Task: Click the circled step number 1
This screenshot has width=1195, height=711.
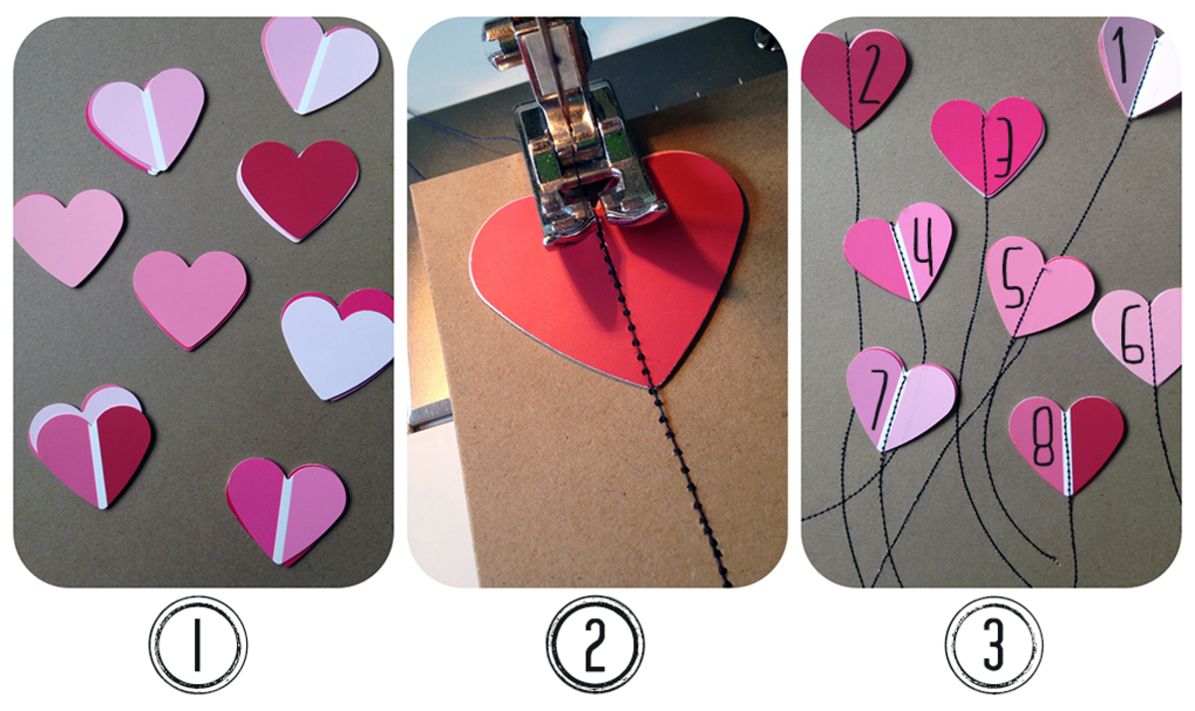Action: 198,646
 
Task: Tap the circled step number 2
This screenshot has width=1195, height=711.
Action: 595,646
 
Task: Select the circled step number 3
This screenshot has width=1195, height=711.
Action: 994,646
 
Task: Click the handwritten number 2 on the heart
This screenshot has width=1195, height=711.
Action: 869,74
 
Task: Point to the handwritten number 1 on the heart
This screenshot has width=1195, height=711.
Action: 1123,56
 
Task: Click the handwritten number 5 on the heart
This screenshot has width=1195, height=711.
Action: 1014,280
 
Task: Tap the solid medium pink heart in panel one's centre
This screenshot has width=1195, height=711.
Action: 190,299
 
